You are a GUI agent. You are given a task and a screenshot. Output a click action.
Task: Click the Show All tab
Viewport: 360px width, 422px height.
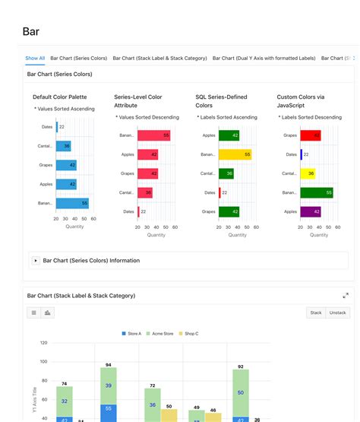tap(35, 58)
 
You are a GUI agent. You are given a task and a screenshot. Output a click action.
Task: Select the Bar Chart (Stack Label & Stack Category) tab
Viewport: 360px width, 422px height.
tap(160, 58)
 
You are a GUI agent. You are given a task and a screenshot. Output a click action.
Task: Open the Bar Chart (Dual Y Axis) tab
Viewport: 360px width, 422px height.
tap(264, 58)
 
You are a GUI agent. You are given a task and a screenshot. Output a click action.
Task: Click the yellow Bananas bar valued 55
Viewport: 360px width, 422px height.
tap(235, 154)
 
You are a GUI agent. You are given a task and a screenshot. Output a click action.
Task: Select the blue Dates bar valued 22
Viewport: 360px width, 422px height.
tap(56, 127)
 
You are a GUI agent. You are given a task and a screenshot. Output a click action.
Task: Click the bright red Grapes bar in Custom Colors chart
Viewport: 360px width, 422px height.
tap(310, 135)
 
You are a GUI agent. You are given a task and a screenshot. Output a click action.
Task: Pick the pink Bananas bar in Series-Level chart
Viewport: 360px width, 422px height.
tap(153, 135)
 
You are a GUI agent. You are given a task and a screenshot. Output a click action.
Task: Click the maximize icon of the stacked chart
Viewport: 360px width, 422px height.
tap(346, 296)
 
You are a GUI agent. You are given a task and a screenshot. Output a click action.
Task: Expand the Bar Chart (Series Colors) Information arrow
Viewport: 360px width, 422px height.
tap(36, 261)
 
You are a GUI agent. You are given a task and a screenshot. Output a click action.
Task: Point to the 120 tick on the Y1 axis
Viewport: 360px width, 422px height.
tap(43, 343)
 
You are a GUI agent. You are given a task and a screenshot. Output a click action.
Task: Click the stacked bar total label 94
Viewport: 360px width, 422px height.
tap(109, 365)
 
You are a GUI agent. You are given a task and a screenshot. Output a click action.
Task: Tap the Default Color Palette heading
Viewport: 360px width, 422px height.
tap(59, 97)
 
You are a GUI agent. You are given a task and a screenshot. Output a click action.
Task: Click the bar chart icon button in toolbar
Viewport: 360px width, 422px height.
tap(48, 313)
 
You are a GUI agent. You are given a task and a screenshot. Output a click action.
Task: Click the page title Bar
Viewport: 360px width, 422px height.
tap(31, 31)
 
